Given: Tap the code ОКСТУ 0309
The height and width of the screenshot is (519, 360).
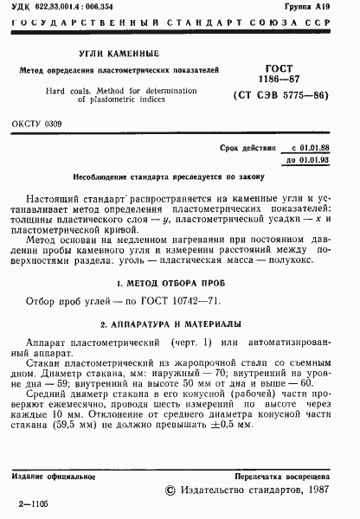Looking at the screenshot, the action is tap(37, 124).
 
